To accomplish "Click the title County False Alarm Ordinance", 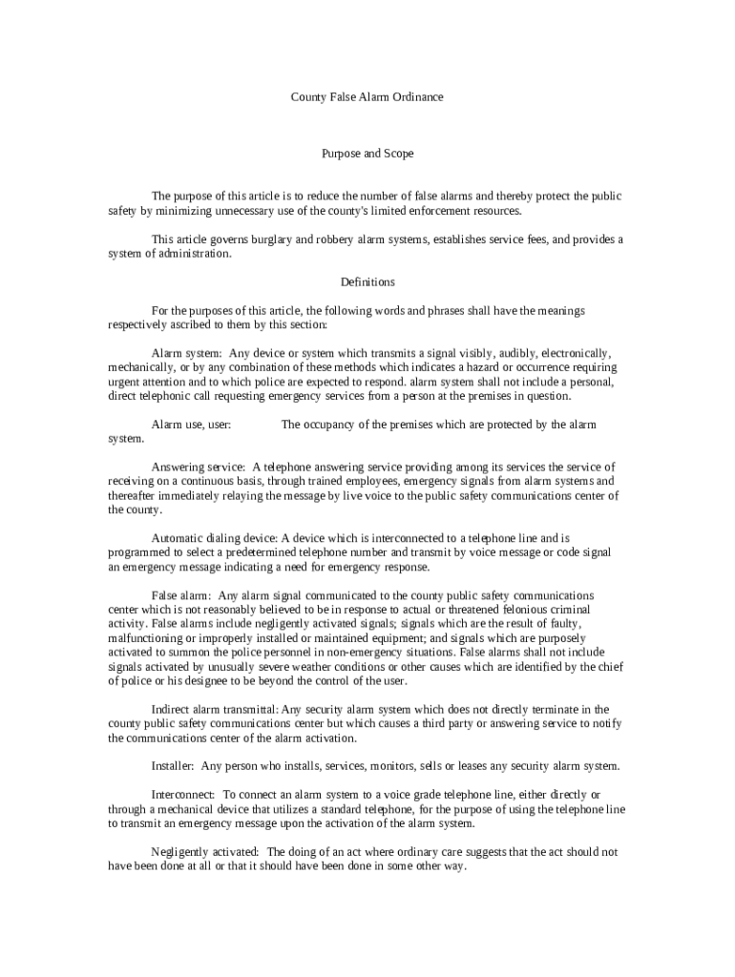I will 367,97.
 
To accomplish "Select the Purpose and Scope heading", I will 367,153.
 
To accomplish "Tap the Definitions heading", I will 367,281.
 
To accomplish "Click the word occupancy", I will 324,425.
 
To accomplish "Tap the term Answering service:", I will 199,468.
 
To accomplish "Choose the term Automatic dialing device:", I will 214,539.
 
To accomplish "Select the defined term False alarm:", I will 181,596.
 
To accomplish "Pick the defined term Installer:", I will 174,766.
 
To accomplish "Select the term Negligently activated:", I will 205,852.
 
